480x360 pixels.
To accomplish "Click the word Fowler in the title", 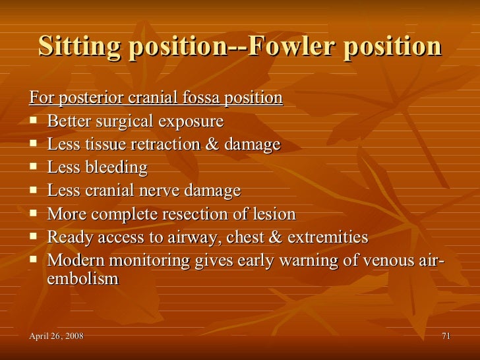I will pyautogui.click(x=289, y=46).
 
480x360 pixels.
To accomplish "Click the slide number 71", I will pyautogui.click(x=446, y=338).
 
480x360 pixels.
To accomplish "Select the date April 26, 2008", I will pyautogui.click(x=57, y=338).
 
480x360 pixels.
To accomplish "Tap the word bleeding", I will pyautogui.click(x=116, y=168).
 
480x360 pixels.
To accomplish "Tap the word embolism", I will pyautogui.click(x=83, y=279).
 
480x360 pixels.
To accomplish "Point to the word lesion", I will pyautogui.click(x=276, y=214).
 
